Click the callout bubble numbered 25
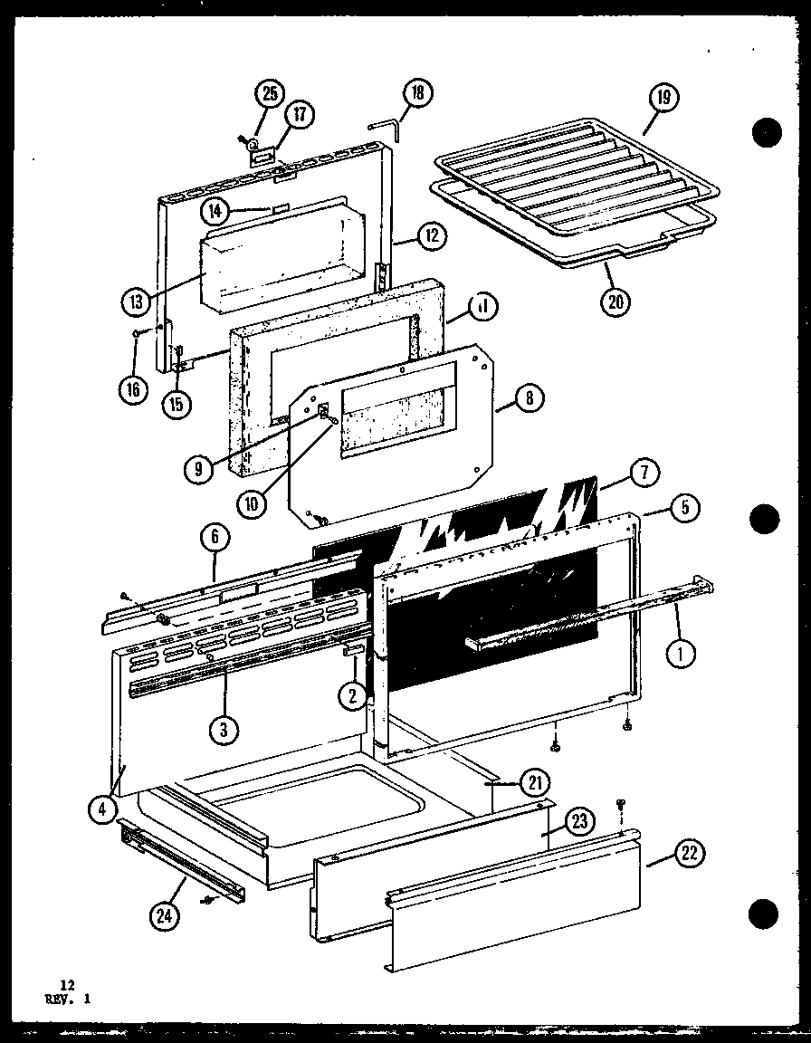pos(270,93)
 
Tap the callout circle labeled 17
pos(299,115)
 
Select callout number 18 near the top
pos(417,92)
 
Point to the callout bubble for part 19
pos(663,98)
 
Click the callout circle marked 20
pos(615,301)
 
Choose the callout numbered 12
pos(432,237)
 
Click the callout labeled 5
pos(685,508)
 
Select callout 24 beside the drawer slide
pos(166,916)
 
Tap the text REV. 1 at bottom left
pos(63,999)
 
